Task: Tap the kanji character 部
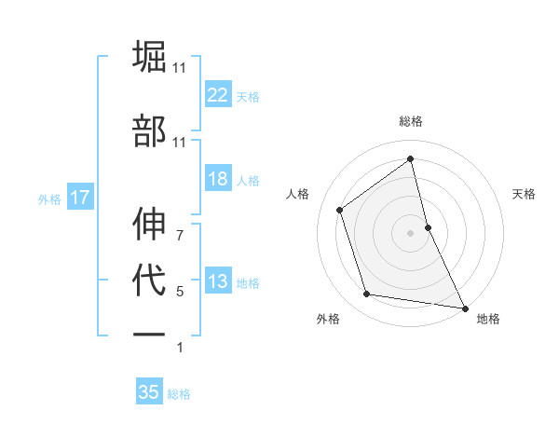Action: (150, 130)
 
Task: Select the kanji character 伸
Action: (150, 224)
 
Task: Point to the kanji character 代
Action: (150, 281)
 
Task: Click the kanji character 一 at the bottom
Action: (150, 335)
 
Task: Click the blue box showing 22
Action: (218, 95)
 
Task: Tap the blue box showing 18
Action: (218, 180)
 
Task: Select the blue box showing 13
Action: (218, 282)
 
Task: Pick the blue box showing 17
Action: (79, 198)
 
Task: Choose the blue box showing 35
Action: (149, 392)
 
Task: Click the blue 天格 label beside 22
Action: (248, 96)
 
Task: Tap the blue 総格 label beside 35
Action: (179, 394)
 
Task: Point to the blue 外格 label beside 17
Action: (49, 198)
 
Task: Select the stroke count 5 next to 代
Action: (180, 292)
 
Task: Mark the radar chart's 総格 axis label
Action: (411, 121)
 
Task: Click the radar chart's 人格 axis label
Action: (298, 194)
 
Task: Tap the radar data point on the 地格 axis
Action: (464, 307)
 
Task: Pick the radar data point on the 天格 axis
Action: (428, 226)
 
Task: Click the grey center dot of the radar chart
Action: (411, 232)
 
